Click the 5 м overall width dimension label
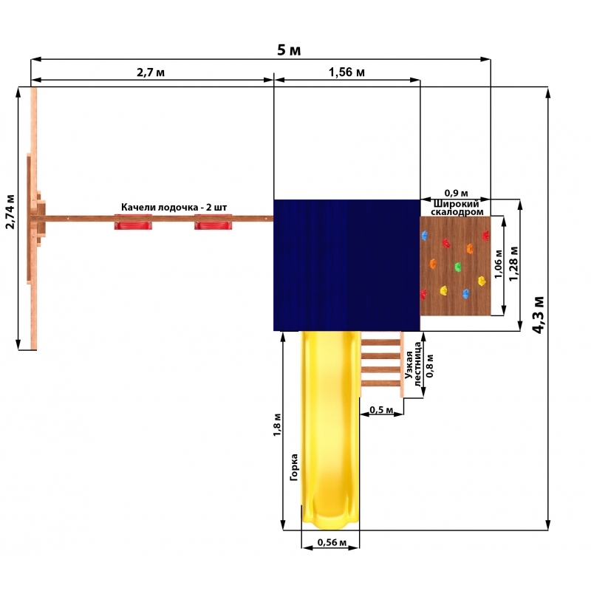pos(289,50)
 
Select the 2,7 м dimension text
pos(151,72)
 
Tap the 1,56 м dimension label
pos(346,72)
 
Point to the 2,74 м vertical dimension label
pos(10,212)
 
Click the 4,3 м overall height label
pos(539,315)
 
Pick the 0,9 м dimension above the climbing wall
pos(456,194)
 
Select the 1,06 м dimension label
pos(499,264)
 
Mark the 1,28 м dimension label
pos(513,264)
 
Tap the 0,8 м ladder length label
pos(430,366)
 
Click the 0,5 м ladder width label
pos(381,410)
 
